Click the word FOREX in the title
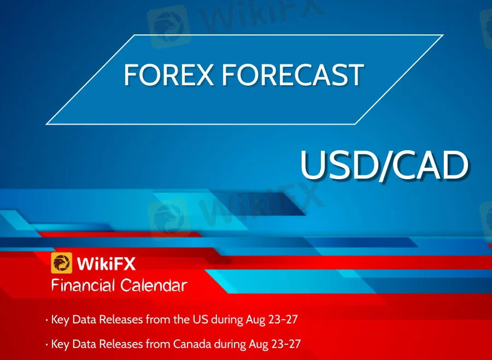point(169,75)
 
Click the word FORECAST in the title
point(293,75)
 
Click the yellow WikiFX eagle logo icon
point(61,263)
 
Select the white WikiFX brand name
point(106,263)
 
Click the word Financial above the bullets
point(83,285)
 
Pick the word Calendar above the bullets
point(154,285)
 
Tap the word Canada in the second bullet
point(192,344)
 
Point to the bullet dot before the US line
point(46,320)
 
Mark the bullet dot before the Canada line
point(46,345)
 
